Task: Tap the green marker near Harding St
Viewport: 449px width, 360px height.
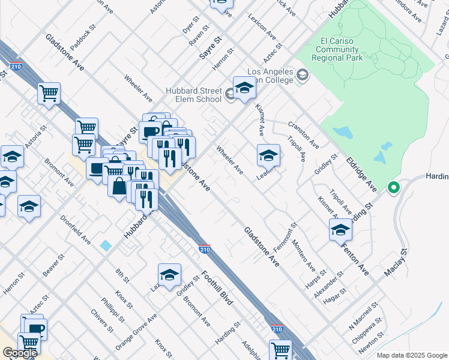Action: coord(394,188)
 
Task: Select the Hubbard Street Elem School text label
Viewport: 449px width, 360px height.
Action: coord(193,95)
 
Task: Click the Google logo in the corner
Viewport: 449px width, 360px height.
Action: coord(20,353)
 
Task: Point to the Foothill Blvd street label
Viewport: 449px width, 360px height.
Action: coord(217,288)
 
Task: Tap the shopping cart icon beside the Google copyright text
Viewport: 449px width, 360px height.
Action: coord(280,350)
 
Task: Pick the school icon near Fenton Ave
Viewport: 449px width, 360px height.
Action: coord(340,230)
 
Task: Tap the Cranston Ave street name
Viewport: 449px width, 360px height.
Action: coord(303,135)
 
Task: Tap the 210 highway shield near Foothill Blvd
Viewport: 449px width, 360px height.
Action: coord(205,248)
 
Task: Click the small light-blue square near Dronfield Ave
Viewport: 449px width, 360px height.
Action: coord(106,245)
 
